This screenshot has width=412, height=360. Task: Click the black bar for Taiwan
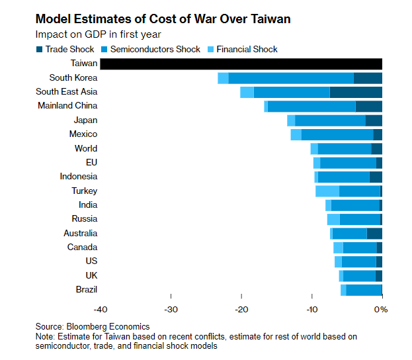click(x=241, y=64)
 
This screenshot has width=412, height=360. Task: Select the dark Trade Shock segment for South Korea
click(x=368, y=78)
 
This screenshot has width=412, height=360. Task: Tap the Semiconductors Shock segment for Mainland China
click(x=311, y=106)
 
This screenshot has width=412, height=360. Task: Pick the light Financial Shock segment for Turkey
click(x=327, y=191)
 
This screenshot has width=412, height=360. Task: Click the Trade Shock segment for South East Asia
click(x=356, y=92)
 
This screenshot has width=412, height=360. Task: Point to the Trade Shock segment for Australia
click(x=374, y=233)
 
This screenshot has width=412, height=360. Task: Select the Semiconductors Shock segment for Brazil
click(x=364, y=290)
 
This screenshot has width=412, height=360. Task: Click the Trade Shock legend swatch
click(x=40, y=50)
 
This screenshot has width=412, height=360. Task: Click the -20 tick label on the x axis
click(x=241, y=308)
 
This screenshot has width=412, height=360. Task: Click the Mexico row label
click(x=83, y=134)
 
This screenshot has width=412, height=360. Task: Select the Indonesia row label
click(x=78, y=177)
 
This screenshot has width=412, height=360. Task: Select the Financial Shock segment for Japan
click(x=291, y=120)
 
